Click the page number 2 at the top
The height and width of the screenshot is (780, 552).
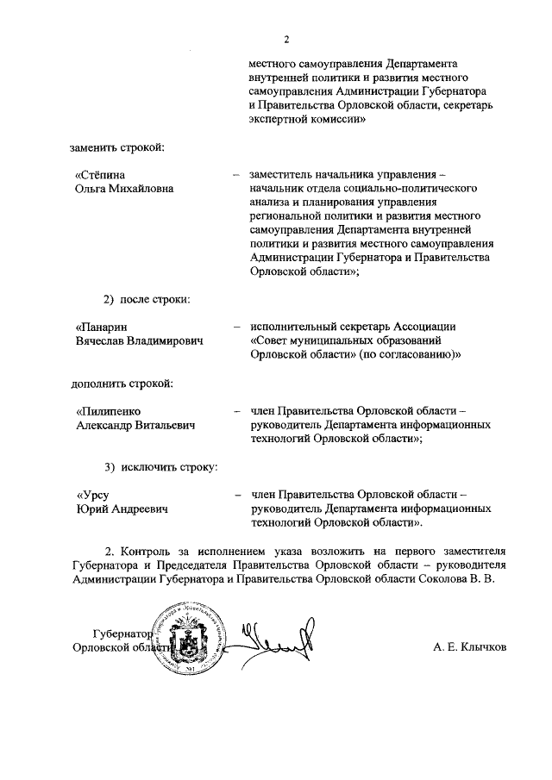(x=287, y=38)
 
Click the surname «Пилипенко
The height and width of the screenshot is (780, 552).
(x=108, y=411)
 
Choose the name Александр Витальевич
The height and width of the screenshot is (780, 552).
(x=135, y=425)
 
